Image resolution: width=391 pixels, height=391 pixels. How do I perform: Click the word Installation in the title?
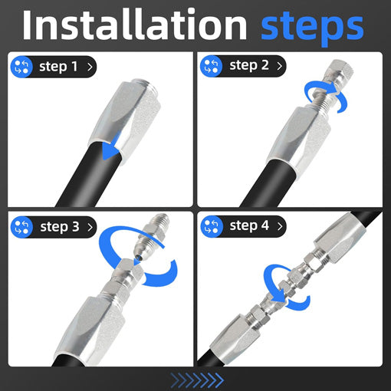click(x=135, y=25)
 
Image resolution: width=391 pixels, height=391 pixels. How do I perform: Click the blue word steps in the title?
click(x=312, y=28)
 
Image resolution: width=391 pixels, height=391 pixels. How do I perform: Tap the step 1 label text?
click(x=58, y=67)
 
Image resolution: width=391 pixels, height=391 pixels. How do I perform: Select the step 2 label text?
click(x=249, y=65)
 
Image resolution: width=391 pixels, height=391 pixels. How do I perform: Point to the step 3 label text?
click(x=60, y=227)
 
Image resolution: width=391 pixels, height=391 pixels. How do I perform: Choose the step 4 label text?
click(x=249, y=225)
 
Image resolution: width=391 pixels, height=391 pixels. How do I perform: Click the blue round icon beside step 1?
click(x=21, y=67)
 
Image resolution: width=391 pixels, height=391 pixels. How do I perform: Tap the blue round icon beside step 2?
click(x=211, y=66)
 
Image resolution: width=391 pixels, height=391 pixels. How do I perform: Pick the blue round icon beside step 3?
click(x=21, y=227)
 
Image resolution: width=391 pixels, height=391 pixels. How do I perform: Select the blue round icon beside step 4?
click(x=212, y=226)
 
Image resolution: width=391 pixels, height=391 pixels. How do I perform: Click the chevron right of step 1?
click(x=90, y=67)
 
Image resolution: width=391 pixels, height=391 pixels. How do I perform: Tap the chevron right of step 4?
click(x=280, y=226)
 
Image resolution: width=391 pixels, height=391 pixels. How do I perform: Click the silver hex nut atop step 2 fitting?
click(x=340, y=72)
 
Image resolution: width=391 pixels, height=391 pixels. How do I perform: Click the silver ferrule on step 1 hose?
click(x=124, y=120)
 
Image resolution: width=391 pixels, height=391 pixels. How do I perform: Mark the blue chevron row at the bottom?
click(x=197, y=380)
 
